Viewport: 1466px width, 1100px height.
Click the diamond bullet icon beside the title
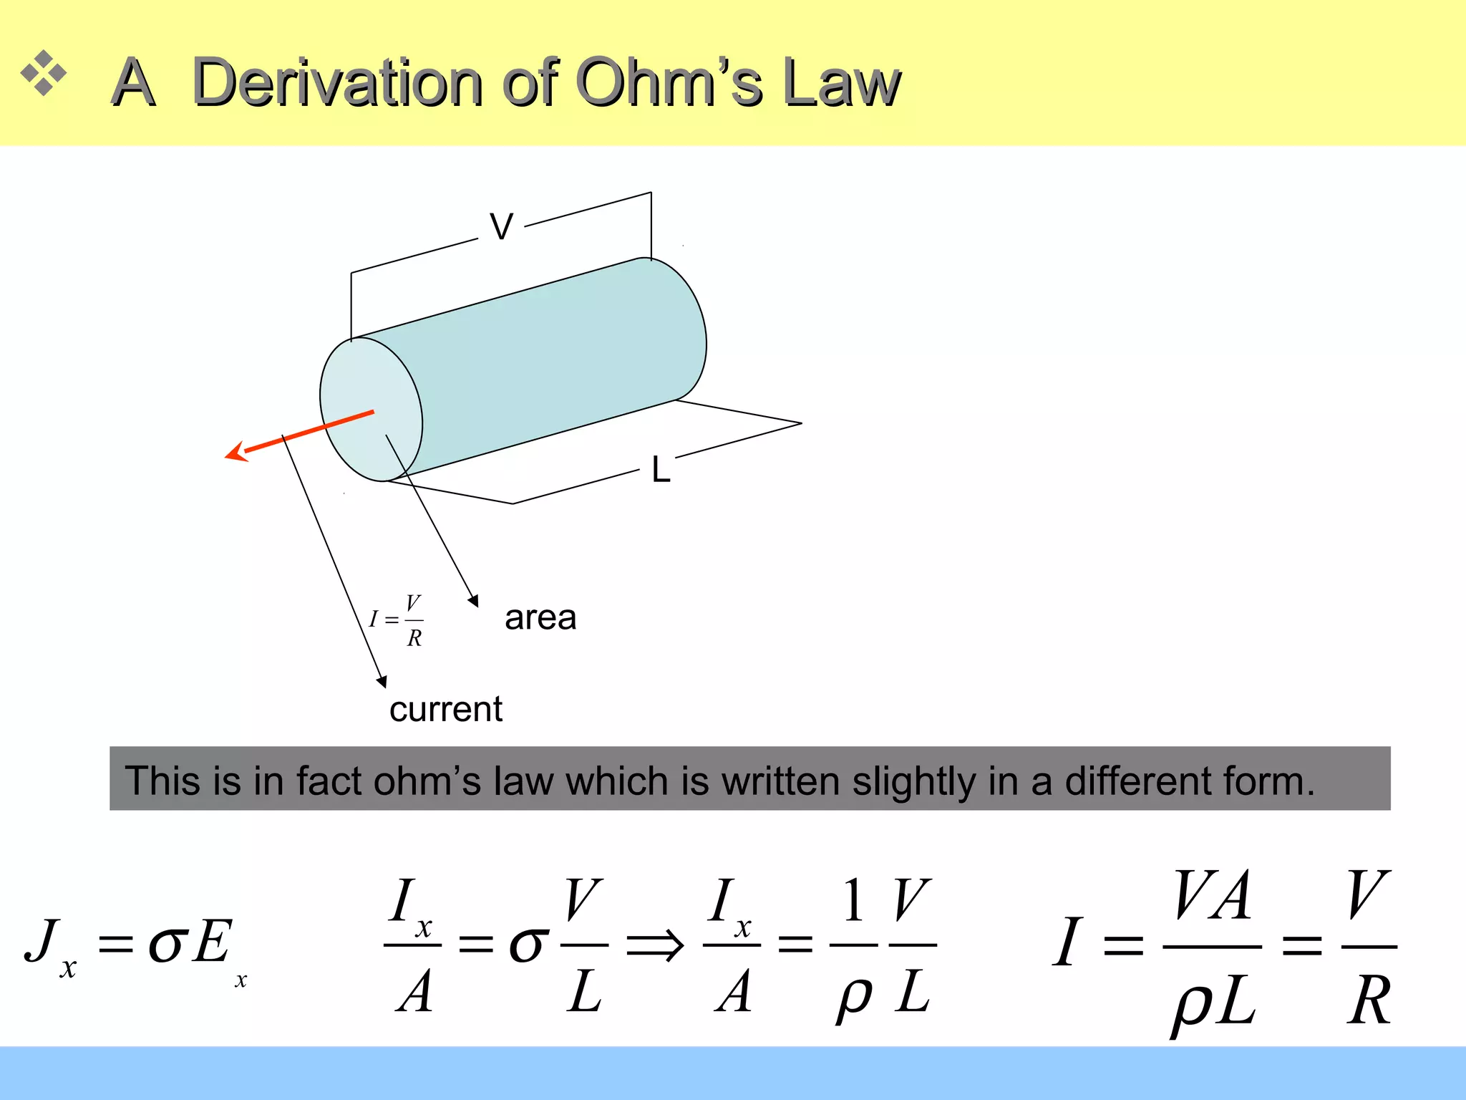(x=44, y=73)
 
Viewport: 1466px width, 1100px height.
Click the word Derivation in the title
(x=336, y=83)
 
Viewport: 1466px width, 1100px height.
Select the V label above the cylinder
(x=501, y=227)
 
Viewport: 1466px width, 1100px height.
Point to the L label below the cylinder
(x=660, y=471)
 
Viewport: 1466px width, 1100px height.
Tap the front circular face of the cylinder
(x=371, y=410)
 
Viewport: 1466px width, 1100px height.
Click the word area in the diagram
(x=540, y=617)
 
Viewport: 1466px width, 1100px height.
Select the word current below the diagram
(x=445, y=709)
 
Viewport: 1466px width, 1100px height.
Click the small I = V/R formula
(x=397, y=620)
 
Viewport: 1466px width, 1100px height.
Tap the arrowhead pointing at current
(x=382, y=681)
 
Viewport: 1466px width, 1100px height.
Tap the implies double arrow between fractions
(x=655, y=945)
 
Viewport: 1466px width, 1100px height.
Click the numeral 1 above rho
(x=853, y=901)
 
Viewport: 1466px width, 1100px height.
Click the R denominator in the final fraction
(x=1369, y=1001)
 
